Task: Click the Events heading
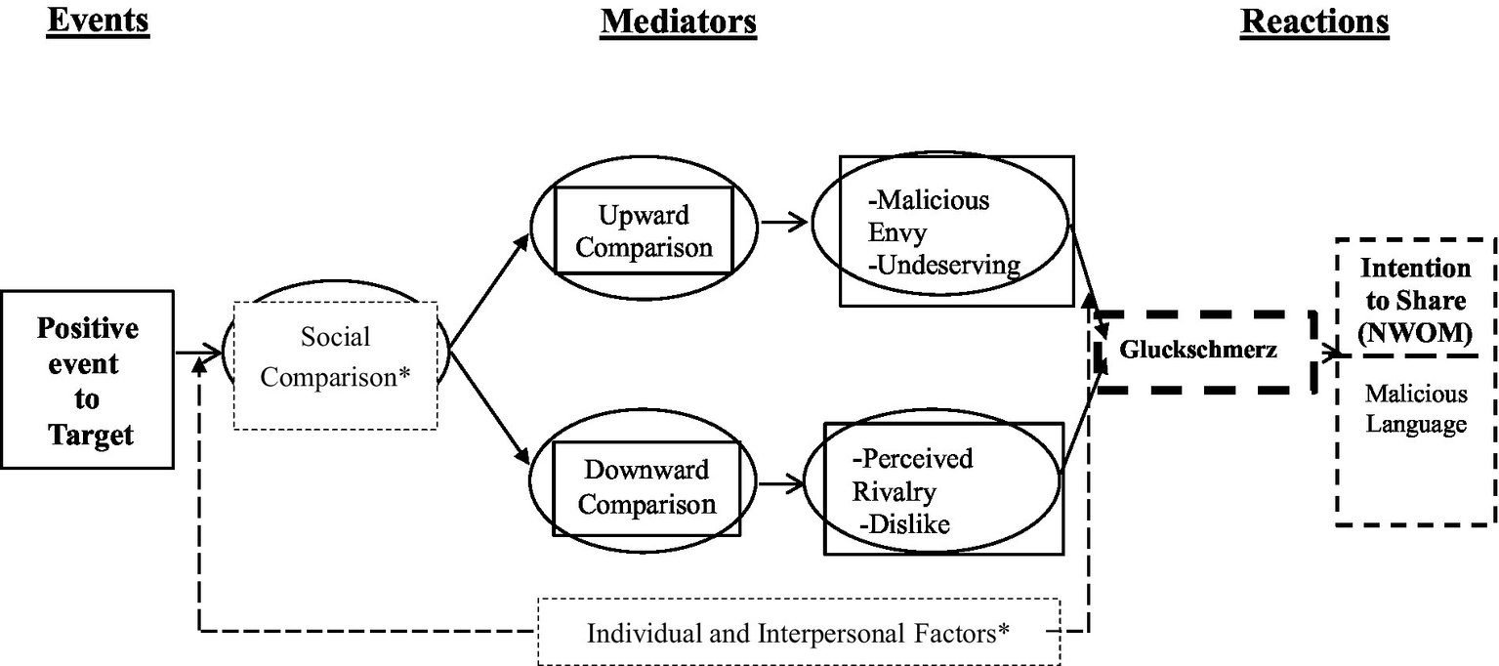tap(98, 21)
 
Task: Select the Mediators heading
tap(678, 21)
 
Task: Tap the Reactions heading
tap(1314, 21)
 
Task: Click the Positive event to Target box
tap(88, 380)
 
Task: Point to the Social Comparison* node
tap(335, 356)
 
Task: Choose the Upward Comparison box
tap(644, 230)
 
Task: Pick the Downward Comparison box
tap(645, 486)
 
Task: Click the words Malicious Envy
tap(928, 216)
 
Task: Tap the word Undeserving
tap(944, 265)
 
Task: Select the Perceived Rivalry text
tap(912, 475)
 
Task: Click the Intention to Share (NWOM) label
tap(1415, 300)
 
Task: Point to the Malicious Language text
tap(1416, 409)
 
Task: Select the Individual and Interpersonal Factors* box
tap(798, 632)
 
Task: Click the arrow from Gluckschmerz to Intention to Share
tap(1325, 355)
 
